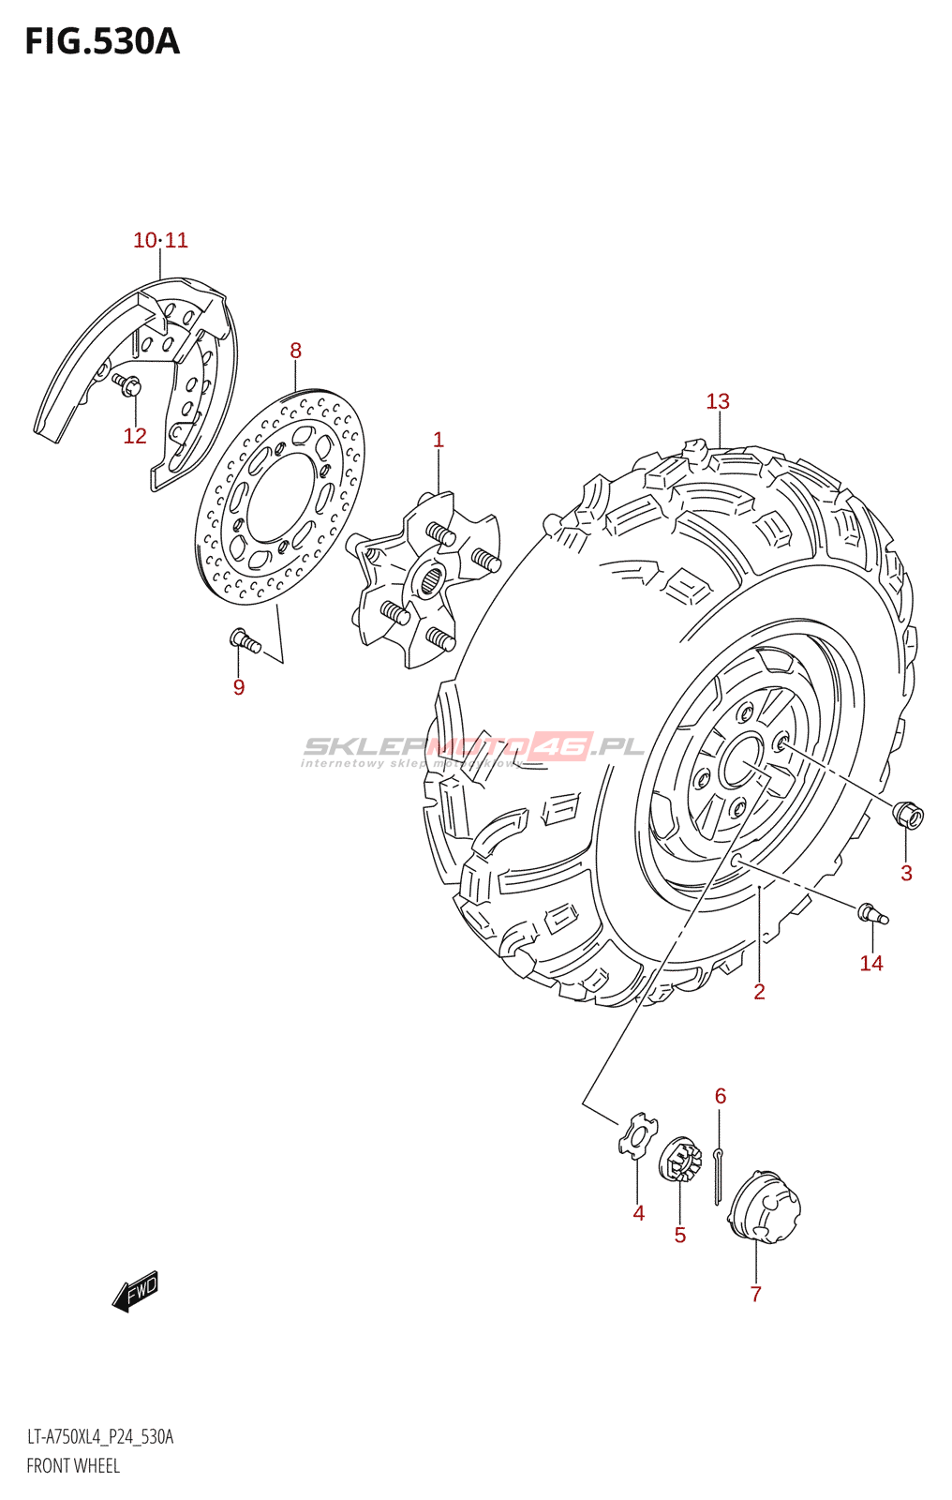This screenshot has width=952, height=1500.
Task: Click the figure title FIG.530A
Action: (x=101, y=42)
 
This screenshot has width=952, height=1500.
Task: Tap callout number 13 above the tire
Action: (x=718, y=401)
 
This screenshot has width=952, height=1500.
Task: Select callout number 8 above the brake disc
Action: (x=295, y=351)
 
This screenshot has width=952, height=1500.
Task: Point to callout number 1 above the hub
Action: (x=438, y=440)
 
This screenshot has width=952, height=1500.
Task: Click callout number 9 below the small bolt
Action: (x=239, y=687)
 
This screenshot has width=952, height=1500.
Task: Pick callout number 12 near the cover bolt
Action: (x=135, y=436)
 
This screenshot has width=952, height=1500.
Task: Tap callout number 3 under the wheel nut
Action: (x=906, y=873)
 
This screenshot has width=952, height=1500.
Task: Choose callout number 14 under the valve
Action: (x=871, y=963)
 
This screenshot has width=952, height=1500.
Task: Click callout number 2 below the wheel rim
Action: (x=759, y=992)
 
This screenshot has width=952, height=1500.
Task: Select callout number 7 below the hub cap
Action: (x=755, y=1294)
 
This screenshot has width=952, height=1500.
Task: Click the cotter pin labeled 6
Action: (x=718, y=1177)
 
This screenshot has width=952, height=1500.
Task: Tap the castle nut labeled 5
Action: (x=680, y=1162)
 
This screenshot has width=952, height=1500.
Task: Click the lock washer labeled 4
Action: (x=637, y=1135)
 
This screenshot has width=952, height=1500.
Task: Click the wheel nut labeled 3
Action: (x=908, y=815)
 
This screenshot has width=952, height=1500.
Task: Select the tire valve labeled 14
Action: (x=871, y=913)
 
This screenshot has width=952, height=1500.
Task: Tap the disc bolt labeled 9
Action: (x=245, y=641)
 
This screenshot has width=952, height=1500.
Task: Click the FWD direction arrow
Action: (x=136, y=1291)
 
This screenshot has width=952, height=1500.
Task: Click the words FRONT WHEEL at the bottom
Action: (x=73, y=1465)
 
